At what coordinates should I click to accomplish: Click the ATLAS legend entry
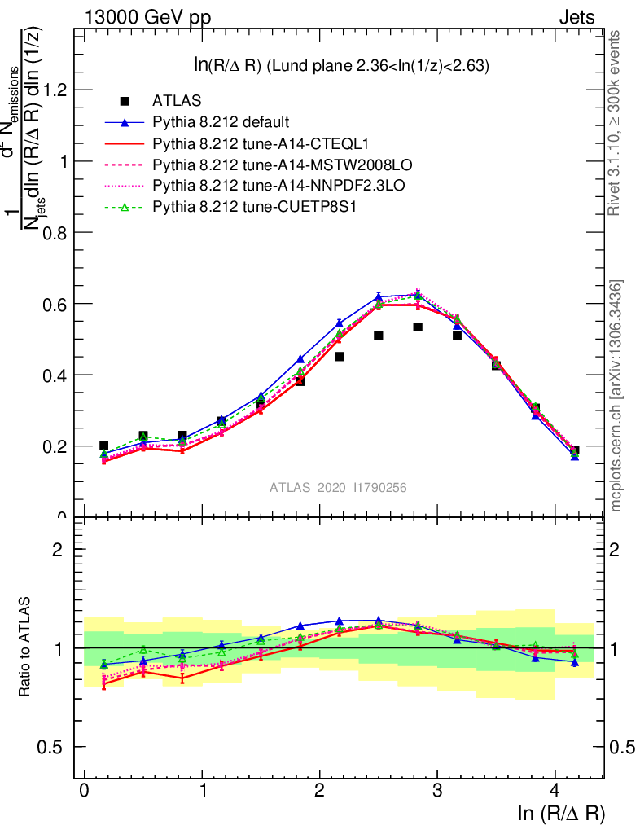[177, 101]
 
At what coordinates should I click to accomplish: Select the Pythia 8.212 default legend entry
[221, 122]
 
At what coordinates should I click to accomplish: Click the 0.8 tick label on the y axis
[55, 232]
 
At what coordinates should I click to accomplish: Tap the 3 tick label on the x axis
[437, 791]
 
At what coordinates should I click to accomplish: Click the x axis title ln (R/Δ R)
[562, 813]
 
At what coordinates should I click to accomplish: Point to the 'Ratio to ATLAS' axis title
[26, 648]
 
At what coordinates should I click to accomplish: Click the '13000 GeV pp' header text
[147, 17]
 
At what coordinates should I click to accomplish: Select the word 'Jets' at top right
[576, 17]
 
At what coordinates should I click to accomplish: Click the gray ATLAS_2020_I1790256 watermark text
[339, 488]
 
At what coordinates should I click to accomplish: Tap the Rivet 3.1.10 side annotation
[616, 123]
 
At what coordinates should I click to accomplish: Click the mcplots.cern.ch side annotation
[616, 395]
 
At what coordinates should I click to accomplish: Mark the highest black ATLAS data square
[418, 327]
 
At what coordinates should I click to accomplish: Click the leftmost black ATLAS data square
[103, 446]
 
